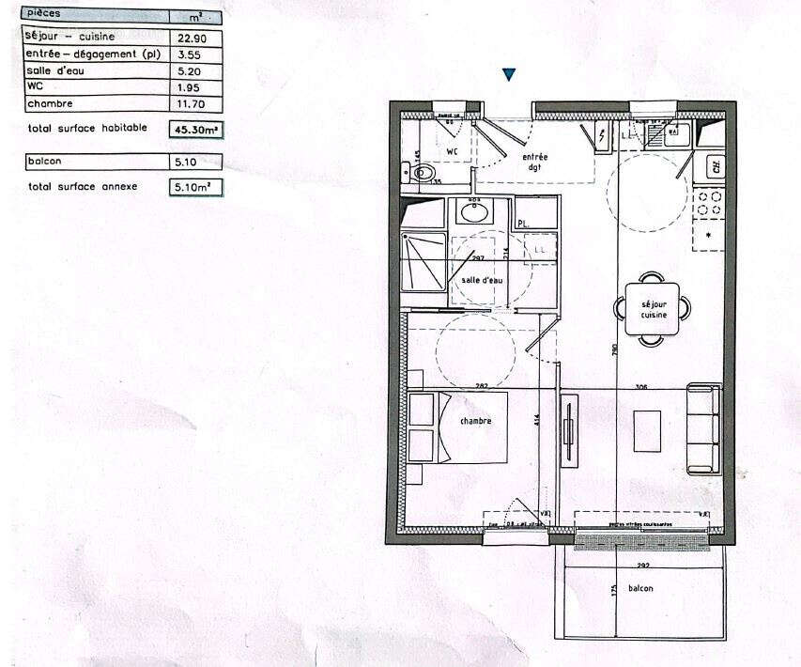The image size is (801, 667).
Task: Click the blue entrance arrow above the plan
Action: pyautogui.click(x=509, y=74)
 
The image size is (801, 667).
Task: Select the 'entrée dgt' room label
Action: pyautogui.click(x=536, y=162)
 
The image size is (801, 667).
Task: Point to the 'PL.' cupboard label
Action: pyautogui.click(x=523, y=223)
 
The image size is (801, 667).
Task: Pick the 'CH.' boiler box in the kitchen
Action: pyautogui.click(x=715, y=167)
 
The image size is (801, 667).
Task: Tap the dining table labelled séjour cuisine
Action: pyautogui.click(x=653, y=307)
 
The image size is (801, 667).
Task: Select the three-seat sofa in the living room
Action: pyautogui.click(x=703, y=427)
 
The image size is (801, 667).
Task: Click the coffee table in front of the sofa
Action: pyautogui.click(x=647, y=431)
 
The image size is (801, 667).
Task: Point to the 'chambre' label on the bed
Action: pyautogui.click(x=475, y=422)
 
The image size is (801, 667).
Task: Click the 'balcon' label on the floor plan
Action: pyautogui.click(x=640, y=588)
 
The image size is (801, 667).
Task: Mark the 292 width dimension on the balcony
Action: pyautogui.click(x=643, y=566)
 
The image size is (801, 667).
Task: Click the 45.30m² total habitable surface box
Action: pyautogui.click(x=195, y=130)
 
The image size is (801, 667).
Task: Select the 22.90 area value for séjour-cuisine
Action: pyautogui.click(x=190, y=37)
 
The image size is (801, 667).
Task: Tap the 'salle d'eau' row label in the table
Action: pyautogui.click(x=54, y=70)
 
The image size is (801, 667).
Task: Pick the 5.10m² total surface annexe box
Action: pyautogui.click(x=195, y=187)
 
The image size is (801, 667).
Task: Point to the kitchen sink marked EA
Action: pyautogui.click(x=672, y=132)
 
